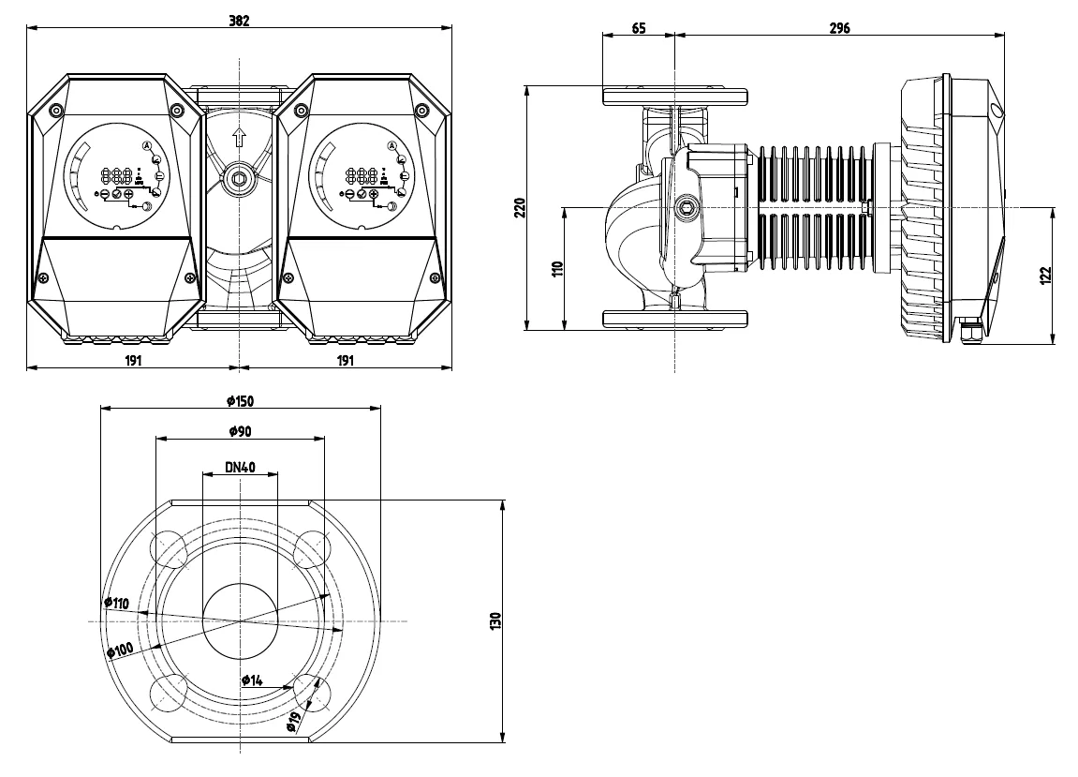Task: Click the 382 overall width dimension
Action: point(239,21)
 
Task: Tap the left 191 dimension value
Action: point(133,360)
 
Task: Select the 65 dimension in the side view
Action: point(639,28)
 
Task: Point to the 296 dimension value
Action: point(839,28)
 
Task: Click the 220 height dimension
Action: point(521,208)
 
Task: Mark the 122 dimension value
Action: point(1045,276)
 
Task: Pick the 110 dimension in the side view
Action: point(557,268)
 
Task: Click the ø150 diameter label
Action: point(239,401)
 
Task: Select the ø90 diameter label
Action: point(240,431)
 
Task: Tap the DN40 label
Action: point(240,468)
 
